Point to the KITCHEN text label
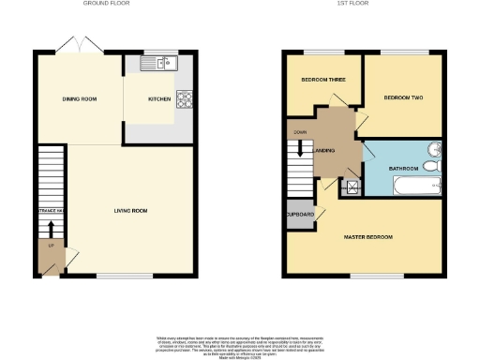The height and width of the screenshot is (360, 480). [158, 97]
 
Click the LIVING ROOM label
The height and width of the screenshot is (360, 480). [131, 211]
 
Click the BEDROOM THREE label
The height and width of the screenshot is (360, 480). [322, 81]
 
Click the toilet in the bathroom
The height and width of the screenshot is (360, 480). [431, 166]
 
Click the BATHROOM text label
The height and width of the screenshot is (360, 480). [397, 168]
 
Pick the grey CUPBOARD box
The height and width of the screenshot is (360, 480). [300, 216]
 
